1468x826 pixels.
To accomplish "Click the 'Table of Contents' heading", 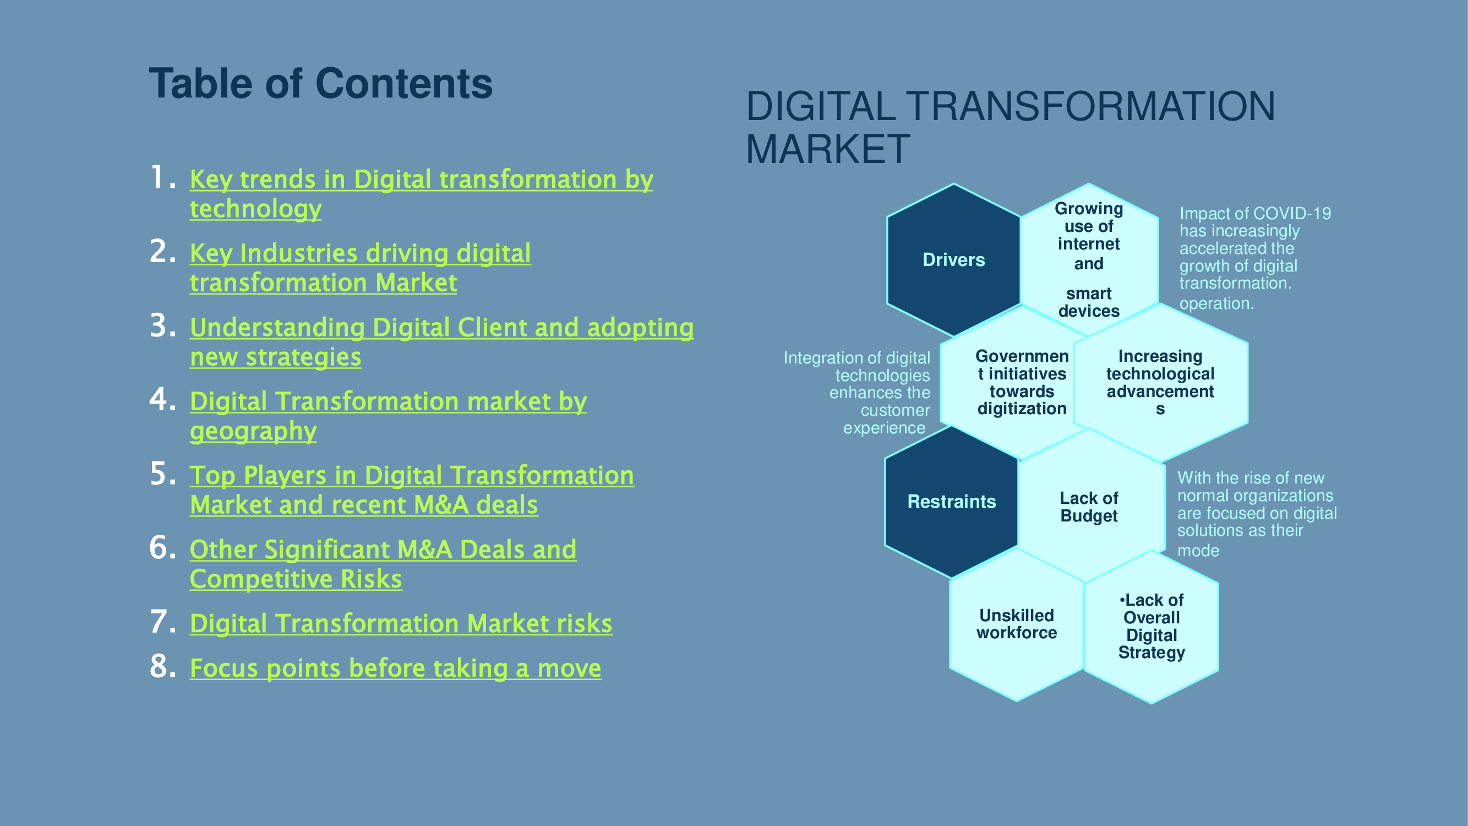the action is [x=321, y=83].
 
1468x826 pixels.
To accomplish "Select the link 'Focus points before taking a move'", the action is [x=396, y=668].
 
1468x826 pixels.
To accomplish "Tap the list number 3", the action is [x=163, y=326].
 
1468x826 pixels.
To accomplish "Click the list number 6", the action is [x=163, y=548].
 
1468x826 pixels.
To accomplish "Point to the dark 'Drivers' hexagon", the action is [x=953, y=260].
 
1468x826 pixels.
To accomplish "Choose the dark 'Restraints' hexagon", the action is [x=952, y=502].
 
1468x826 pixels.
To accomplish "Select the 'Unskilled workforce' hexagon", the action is [x=1017, y=624].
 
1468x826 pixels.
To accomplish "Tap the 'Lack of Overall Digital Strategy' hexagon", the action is [x=1151, y=627].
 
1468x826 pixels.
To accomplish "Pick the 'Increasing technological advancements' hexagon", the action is [x=1160, y=383].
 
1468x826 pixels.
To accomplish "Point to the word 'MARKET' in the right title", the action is [x=827, y=149].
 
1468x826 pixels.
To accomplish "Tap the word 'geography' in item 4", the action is [x=253, y=432].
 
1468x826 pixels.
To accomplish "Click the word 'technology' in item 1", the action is [x=256, y=209].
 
